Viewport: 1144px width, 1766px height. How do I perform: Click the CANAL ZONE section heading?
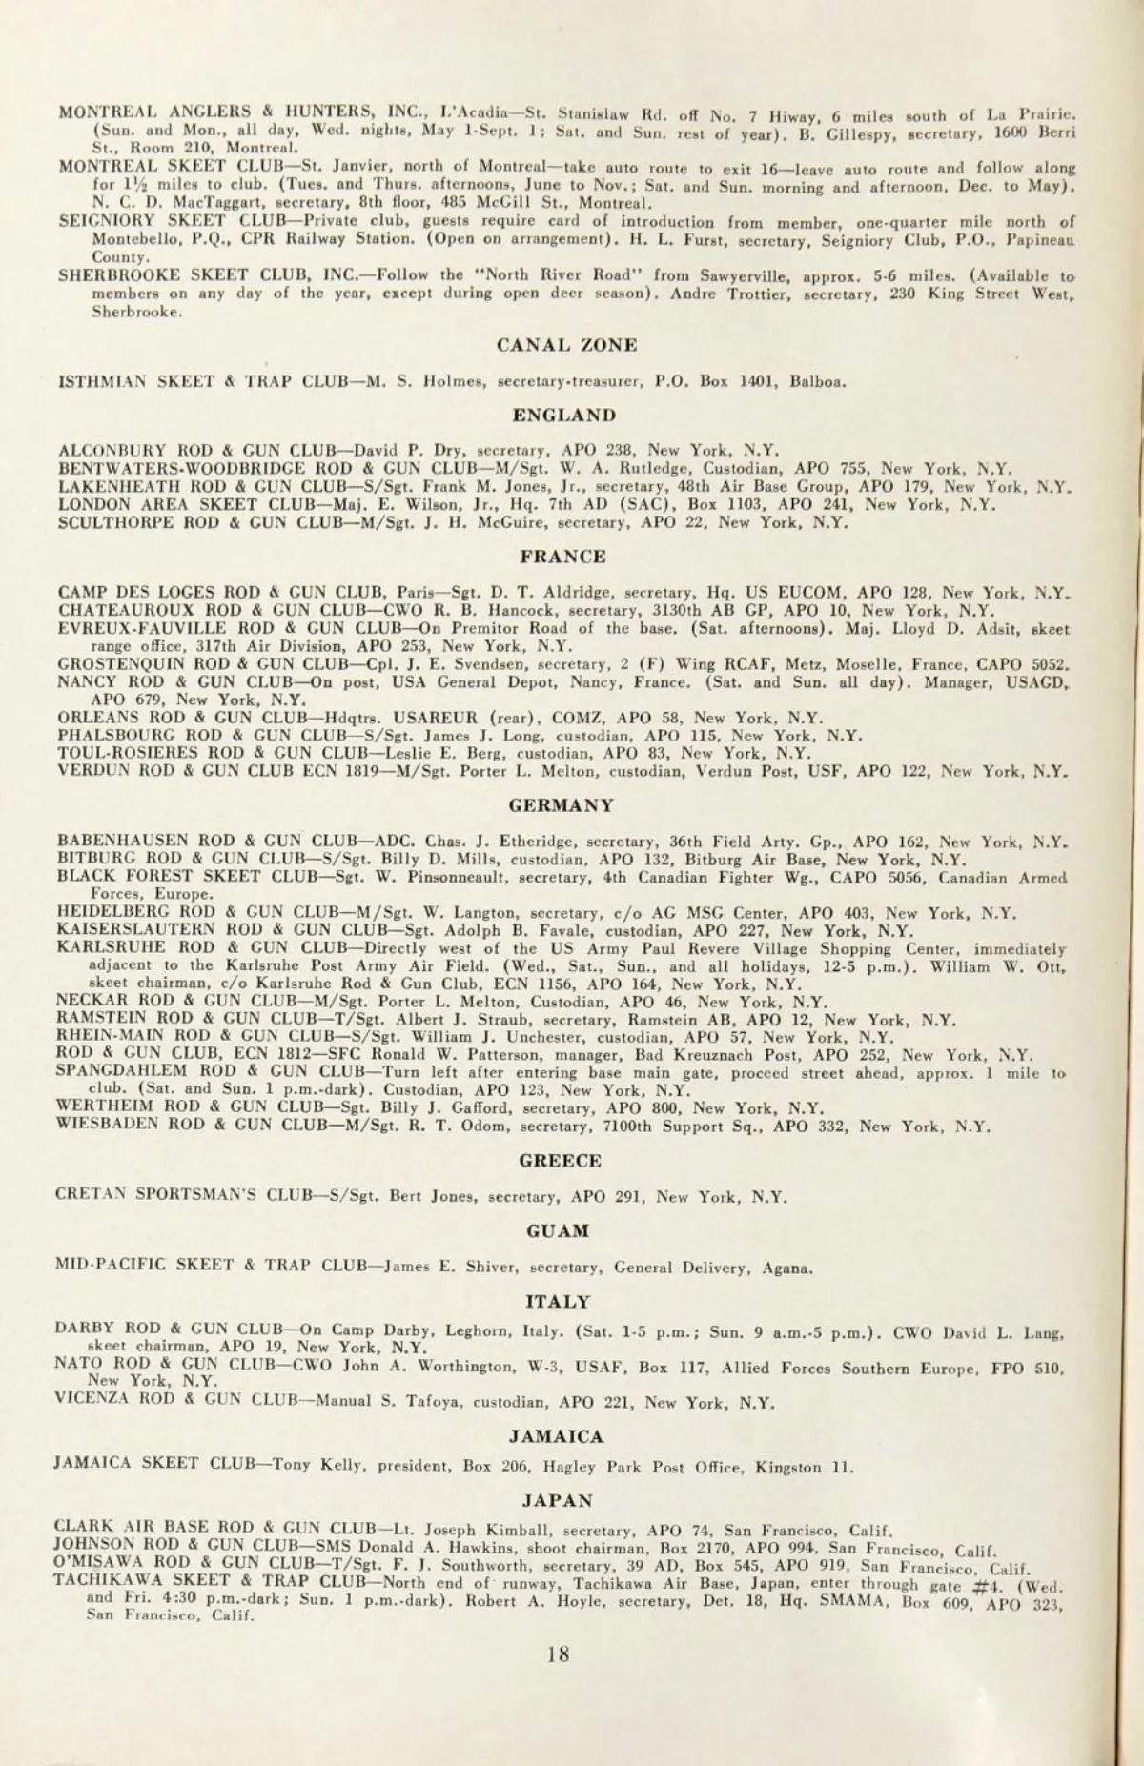tap(567, 345)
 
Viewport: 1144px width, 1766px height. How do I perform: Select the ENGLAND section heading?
tap(563, 415)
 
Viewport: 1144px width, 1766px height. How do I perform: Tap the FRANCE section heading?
tap(562, 556)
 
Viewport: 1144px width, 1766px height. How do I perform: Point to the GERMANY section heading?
tap(562, 805)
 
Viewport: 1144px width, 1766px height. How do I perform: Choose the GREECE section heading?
tap(561, 1160)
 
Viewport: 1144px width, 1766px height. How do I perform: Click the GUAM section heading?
tap(559, 1230)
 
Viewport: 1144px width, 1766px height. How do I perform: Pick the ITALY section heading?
tap(558, 1301)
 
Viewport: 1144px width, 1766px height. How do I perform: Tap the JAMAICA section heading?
tap(557, 1436)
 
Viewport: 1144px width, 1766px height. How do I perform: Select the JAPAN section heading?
tap(558, 1500)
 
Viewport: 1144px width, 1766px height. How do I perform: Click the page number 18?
tap(559, 1654)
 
